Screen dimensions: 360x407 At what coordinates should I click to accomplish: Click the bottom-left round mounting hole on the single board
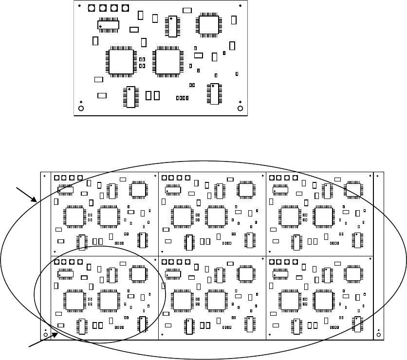(x=81, y=108)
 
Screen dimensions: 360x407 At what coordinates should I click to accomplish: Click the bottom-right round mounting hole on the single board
(x=240, y=108)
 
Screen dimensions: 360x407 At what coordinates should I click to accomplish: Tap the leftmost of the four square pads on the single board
(x=92, y=8)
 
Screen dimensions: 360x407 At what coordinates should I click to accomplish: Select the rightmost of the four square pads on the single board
(x=126, y=8)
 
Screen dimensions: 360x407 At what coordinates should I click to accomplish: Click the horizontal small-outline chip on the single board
(x=109, y=24)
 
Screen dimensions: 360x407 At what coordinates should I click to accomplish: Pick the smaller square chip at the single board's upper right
(x=209, y=24)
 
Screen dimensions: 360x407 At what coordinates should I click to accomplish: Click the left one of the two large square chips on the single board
(x=121, y=62)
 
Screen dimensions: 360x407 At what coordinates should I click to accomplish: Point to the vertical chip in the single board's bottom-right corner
(x=214, y=94)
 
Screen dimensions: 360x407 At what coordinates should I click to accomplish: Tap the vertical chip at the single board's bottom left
(x=130, y=97)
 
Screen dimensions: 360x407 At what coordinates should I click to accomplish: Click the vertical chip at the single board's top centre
(x=172, y=26)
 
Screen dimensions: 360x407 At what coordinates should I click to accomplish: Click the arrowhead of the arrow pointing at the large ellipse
(x=37, y=201)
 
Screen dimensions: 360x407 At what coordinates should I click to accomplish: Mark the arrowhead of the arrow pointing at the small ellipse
(x=58, y=333)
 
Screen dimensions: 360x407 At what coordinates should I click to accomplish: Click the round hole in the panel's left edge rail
(x=45, y=335)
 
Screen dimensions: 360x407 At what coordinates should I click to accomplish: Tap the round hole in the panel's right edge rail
(x=379, y=335)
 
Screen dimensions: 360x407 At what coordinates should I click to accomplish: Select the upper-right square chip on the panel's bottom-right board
(x=352, y=273)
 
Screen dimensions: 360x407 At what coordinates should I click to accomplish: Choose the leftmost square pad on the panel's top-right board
(x=272, y=178)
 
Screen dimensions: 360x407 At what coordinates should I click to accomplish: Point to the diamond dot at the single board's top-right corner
(x=240, y=5)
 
